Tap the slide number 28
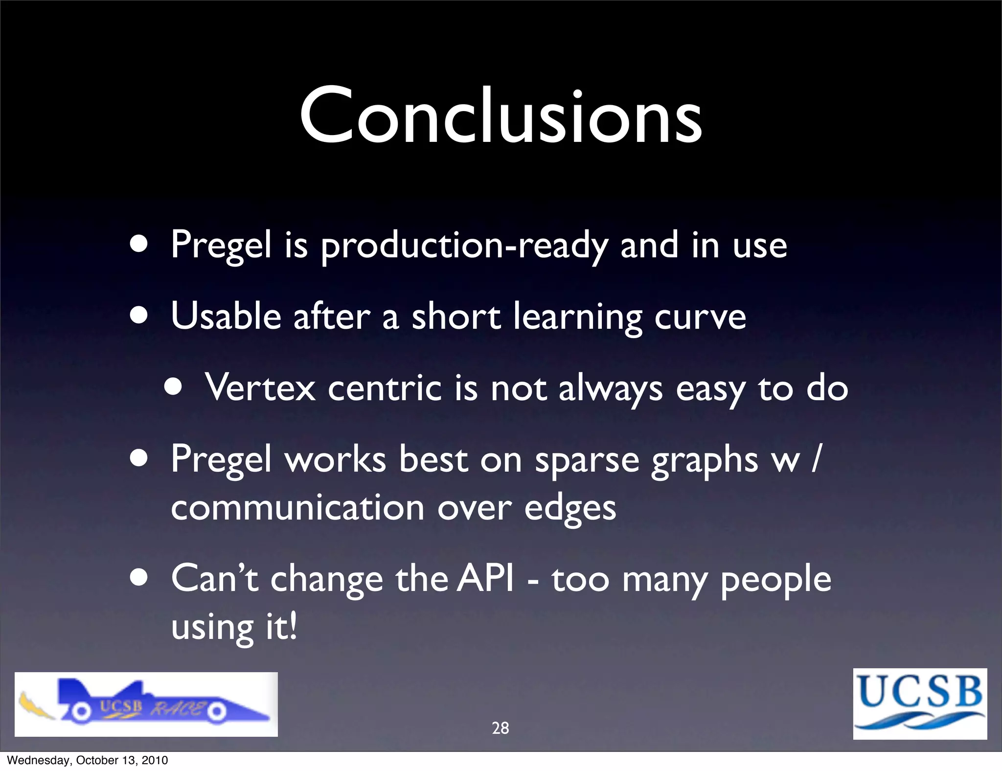500,728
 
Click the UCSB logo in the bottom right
920,703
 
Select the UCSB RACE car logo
146,704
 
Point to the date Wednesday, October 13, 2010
88,760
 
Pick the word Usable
226,316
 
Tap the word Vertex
260,387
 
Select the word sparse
587,460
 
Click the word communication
297,508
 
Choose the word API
486,579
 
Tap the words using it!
234,627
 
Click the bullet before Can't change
139,578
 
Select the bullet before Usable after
139,316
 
